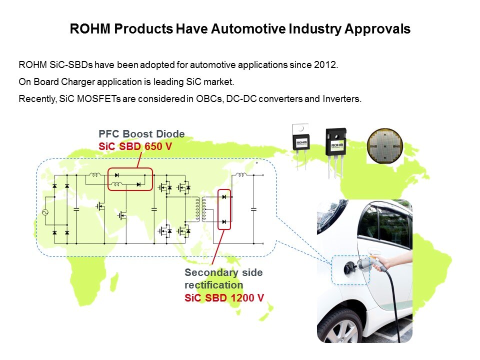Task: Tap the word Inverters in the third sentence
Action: click(x=341, y=99)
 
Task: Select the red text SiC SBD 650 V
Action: click(x=135, y=146)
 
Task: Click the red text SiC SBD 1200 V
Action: click(x=224, y=298)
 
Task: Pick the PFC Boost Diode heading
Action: click(x=141, y=134)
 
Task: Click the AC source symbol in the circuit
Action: click(x=45, y=212)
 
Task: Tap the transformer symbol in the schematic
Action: click(x=200, y=209)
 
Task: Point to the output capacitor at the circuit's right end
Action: click(x=253, y=209)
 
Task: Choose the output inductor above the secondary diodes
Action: click(x=240, y=175)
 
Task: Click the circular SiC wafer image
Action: click(x=385, y=146)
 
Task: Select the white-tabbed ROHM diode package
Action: click(x=301, y=145)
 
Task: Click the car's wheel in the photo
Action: click(x=342, y=327)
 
